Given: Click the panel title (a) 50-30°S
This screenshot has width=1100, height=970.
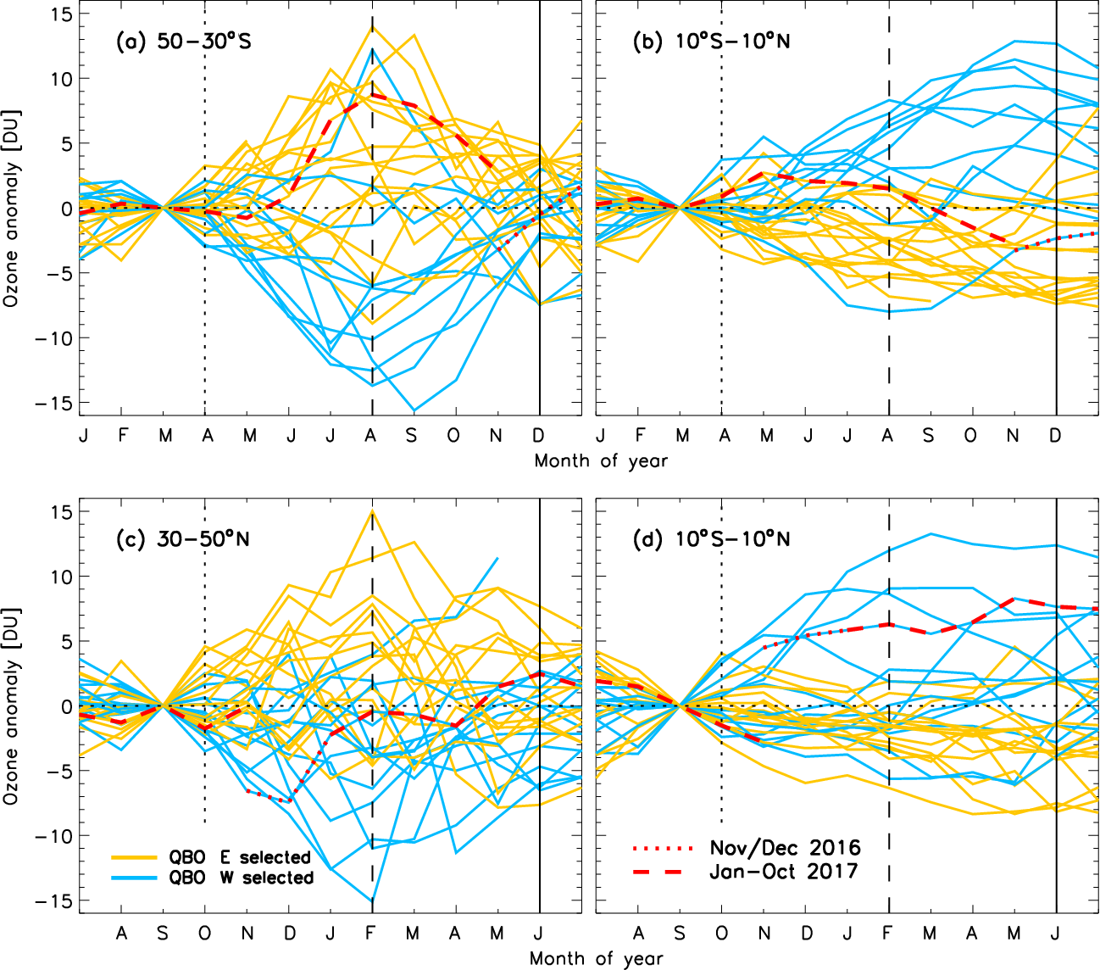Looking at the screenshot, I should [183, 42].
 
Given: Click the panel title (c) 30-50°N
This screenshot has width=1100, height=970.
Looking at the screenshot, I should [183, 538].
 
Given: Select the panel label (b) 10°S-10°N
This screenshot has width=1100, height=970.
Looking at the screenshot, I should [712, 42].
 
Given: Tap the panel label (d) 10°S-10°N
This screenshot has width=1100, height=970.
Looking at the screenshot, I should [712, 538].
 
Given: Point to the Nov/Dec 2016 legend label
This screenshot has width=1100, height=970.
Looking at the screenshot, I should [785, 848].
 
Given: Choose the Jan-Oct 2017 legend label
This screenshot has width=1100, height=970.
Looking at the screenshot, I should [784, 871].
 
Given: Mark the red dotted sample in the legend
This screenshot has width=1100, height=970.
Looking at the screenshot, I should [663, 848].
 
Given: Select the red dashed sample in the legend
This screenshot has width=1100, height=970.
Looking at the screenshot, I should [663, 871].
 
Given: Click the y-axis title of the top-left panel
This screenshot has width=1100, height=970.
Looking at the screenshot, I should [11, 208].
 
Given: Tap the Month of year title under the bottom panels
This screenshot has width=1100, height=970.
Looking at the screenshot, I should [597, 959].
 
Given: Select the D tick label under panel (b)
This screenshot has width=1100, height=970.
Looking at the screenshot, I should [1055, 436].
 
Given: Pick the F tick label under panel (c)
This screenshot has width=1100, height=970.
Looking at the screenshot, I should [371, 934].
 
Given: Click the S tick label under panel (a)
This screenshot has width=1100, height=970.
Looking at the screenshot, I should [412, 436].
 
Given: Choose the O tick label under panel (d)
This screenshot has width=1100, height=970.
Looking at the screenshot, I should [721, 934].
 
